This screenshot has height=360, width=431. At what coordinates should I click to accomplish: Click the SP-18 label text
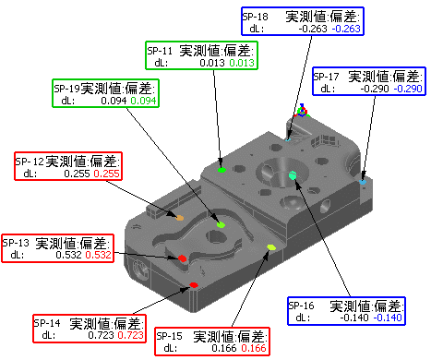tap(255, 17)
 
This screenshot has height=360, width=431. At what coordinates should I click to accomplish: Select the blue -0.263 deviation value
tap(346, 29)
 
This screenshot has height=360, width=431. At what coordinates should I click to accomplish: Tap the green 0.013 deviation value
tap(242, 63)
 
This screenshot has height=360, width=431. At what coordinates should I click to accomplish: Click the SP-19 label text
tap(66, 89)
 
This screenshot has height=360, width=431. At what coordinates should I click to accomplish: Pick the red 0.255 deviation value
tap(106, 174)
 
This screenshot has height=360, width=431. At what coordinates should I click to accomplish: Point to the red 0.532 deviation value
tap(98, 255)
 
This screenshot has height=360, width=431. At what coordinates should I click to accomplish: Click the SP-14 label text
tap(47, 323)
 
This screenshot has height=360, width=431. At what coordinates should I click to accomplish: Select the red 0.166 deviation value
tap(254, 348)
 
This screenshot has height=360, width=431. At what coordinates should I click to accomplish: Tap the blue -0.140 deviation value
tap(388, 318)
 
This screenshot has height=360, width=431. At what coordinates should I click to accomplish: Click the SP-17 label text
tap(326, 77)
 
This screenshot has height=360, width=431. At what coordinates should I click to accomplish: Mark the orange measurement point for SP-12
tap(179, 218)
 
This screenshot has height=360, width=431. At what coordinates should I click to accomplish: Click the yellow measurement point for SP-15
tap(271, 247)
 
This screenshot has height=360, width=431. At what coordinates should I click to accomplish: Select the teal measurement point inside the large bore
tap(293, 175)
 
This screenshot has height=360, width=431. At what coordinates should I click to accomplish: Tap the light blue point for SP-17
tap(363, 182)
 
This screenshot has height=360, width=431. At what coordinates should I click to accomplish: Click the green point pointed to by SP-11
tap(221, 170)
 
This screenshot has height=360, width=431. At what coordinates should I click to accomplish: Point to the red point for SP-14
tap(194, 285)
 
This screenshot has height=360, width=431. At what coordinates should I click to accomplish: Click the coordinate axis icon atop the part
tap(302, 111)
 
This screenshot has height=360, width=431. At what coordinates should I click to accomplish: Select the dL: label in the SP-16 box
tap(303, 318)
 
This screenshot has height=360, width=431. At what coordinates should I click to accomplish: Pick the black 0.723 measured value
tap(101, 335)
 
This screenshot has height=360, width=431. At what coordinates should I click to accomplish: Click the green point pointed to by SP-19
tap(221, 224)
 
